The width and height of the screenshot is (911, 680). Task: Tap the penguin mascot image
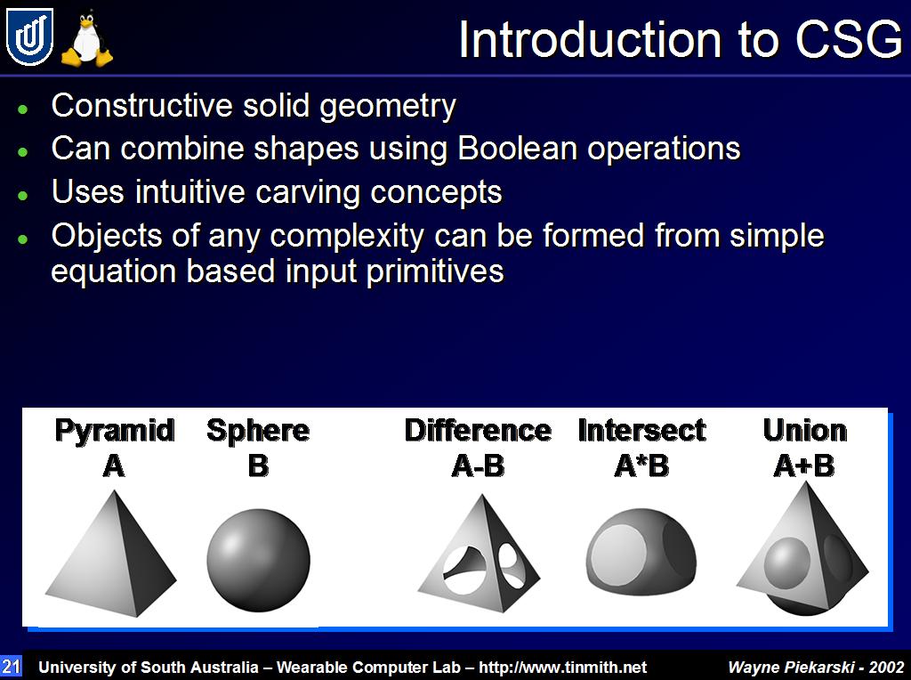click(87, 39)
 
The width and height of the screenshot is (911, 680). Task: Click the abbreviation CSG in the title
click(849, 40)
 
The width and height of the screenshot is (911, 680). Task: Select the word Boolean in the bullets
click(517, 149)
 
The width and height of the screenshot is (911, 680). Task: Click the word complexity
click(347, 237)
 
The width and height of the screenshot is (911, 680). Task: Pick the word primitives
click(435, 272)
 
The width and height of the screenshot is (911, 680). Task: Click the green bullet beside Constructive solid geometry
click(22, 109)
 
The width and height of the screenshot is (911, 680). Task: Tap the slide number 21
click(11, 666)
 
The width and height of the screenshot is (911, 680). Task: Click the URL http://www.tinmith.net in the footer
click(562, 668)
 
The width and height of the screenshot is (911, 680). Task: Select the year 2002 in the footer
click(887, 668)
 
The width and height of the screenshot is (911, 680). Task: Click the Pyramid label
click(115, 431)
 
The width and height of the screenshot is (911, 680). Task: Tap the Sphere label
click(258, 431)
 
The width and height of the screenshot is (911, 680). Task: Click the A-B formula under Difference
click(478, 465)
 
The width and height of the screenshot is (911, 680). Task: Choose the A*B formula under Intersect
click(641, 465)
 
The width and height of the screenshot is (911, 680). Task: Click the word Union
click(804, 431)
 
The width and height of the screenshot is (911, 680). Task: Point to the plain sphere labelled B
click(259, 560)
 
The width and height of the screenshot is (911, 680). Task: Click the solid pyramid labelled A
click(111, 554)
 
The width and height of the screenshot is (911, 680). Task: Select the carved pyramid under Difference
click(480, 554)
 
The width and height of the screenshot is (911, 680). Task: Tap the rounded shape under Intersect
click(641, 552)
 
